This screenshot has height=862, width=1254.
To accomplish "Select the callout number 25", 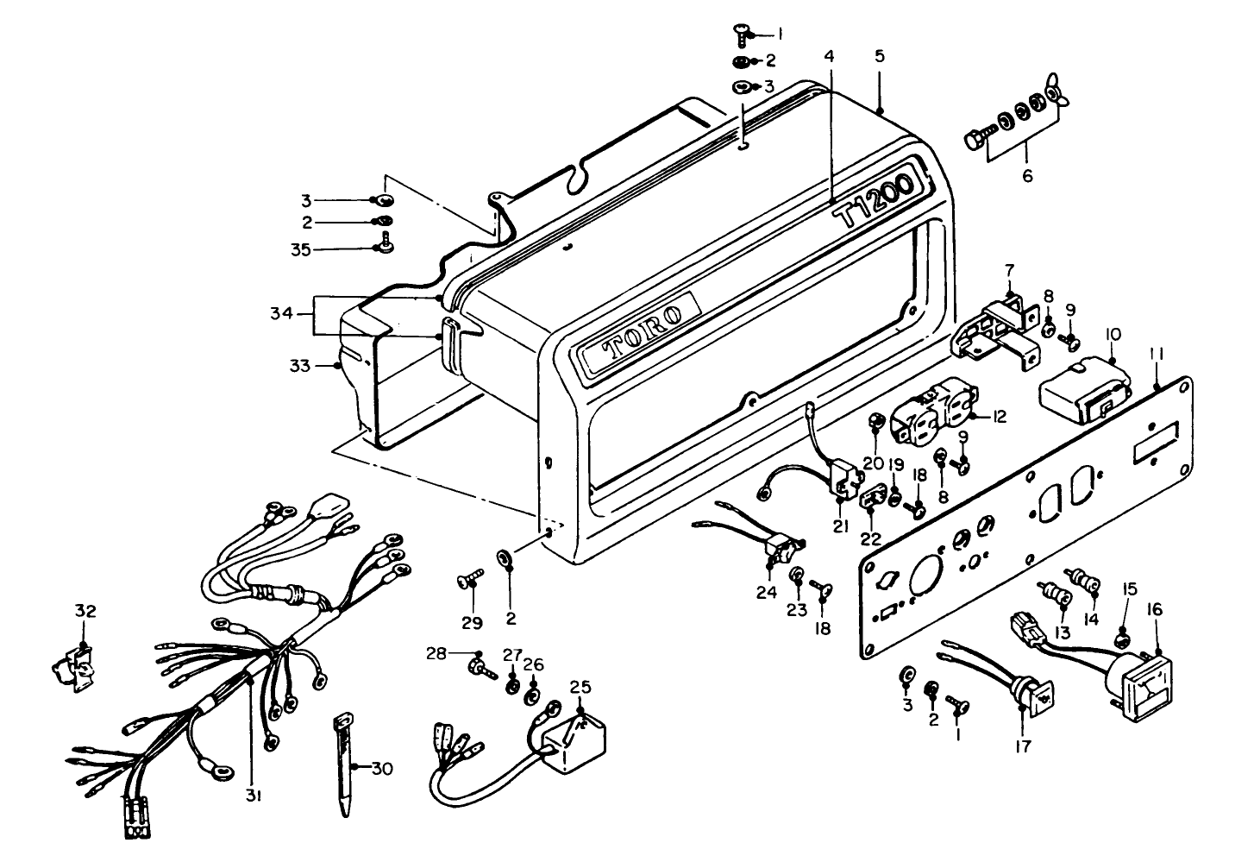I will click(580, 688).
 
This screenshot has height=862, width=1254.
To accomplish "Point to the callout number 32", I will click(84, 611).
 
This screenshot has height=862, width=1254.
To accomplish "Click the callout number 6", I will click(1026, 176).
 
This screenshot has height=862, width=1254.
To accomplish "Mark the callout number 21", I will click(841, 526).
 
